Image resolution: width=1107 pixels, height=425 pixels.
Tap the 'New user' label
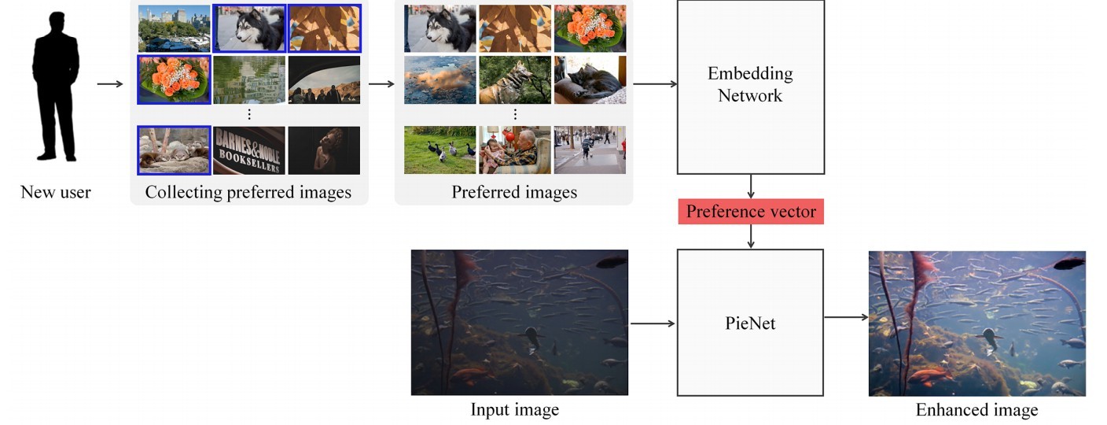coord(56,192)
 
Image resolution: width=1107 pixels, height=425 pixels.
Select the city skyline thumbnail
coord(174,28)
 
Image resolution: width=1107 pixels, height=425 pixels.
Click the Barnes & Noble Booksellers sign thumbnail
coord(248,150)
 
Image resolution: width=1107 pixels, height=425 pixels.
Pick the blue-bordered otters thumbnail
coord(174,150)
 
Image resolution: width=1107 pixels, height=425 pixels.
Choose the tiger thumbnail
coord(514,79)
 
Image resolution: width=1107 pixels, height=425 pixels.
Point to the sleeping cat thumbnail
coord(590,79)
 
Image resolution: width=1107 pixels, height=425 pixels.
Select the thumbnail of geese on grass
coord(439,150)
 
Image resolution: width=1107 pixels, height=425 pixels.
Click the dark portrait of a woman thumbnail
coord(324,150)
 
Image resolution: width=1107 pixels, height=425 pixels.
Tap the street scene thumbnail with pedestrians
coord(590,150)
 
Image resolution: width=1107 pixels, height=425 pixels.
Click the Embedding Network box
coord(750,85)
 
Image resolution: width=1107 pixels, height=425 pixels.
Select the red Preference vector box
coord(751,212)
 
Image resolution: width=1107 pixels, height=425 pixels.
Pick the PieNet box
coord(750,323)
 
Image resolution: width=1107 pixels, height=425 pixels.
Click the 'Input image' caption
coord(515,410)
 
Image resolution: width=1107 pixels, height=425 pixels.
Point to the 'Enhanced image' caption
coord(976,410)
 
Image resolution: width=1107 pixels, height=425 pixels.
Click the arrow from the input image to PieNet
coord(653,323)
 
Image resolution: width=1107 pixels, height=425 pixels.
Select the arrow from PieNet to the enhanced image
coord(846,317)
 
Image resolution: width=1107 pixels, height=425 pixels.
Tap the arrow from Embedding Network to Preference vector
coord(751,187)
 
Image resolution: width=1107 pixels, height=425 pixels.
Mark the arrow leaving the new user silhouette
coord(110,83)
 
